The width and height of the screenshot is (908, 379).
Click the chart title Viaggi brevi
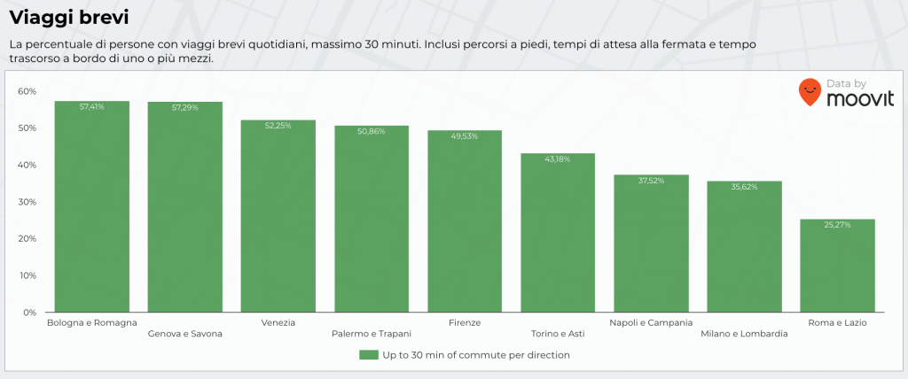point(69,17)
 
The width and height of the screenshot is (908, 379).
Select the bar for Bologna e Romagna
point(92,208)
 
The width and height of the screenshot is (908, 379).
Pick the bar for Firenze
point(465,221)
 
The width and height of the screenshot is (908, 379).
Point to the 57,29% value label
point(185,107)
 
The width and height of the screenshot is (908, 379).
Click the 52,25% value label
point(278,126)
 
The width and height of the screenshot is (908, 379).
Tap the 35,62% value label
point(744,187)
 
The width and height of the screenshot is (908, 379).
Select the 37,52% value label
point(651,180)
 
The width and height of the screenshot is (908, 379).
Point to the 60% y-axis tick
point(27,91)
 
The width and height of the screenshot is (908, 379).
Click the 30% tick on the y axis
point(27,202)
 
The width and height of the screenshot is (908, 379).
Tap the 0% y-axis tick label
point(29,313)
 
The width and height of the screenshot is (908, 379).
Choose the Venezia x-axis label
point(278,323)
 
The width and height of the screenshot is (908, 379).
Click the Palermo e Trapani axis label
point(372,334)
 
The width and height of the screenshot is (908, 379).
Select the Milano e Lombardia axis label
point(744,334)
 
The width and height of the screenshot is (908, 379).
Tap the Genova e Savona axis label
point(185,334)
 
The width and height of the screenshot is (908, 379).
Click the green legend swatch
point(369,355)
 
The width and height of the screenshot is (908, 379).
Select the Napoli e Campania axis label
point(651,323)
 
